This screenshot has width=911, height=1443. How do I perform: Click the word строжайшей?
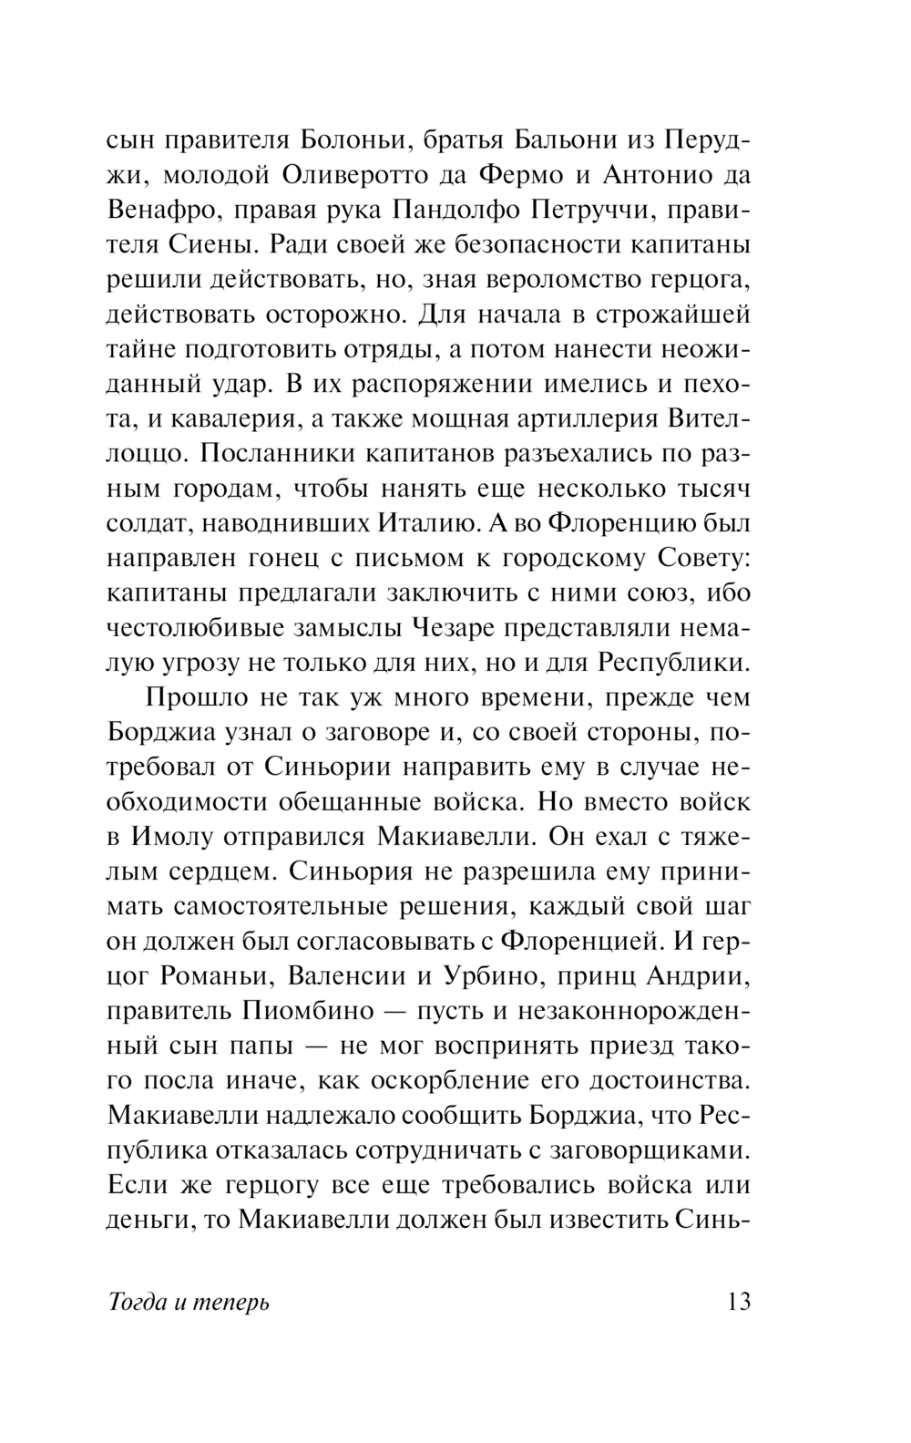click(673, 315)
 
